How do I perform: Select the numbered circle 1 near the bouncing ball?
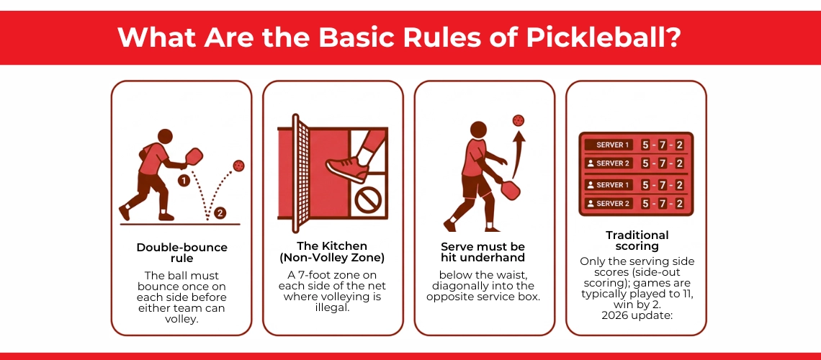(183, 181)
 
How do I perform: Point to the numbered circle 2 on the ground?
(220, 213)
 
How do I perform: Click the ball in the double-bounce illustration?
(238, 166)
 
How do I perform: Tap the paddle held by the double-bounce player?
(193, 156)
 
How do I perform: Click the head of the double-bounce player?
(165, 136)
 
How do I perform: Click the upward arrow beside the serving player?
(517, 155)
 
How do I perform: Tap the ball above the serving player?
(519, 120)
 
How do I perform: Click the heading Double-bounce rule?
(181, 253)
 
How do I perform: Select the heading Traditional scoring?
(637, 240)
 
